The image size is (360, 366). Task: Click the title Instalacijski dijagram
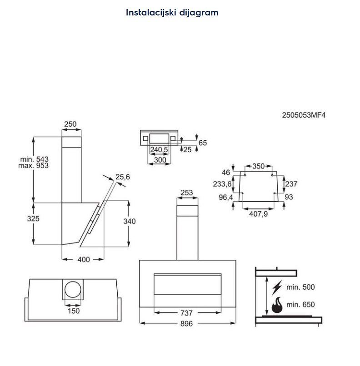click(172, 12)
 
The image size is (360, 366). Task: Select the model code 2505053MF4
click(304, 115)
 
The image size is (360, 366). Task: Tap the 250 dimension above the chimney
click(70, 124)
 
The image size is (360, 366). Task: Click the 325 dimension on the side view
click(33, 218)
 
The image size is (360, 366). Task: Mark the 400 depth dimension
click(84, 259)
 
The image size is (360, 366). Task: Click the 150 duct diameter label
click(73, 311)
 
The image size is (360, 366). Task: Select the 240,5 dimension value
click(159, 149)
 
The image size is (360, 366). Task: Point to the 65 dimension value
click(203, 143)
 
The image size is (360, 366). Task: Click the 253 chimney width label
click(187, 193)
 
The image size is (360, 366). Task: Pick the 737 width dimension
click(187, 313)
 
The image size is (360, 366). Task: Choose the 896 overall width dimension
click(187, 323)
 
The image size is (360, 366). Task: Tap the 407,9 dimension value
click(259, 213)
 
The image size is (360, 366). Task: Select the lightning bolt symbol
click(277, 287)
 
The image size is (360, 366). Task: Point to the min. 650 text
click(300, 305)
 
